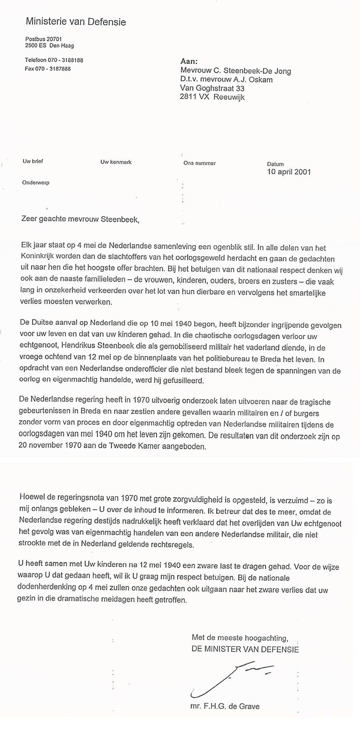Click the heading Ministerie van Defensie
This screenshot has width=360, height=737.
point(76,22)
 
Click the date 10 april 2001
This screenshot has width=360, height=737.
point(288,172)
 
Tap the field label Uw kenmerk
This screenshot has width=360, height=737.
point(116,162)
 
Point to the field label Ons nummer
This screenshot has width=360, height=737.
point(199,163)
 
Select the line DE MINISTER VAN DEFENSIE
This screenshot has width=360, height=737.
point(245,648)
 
